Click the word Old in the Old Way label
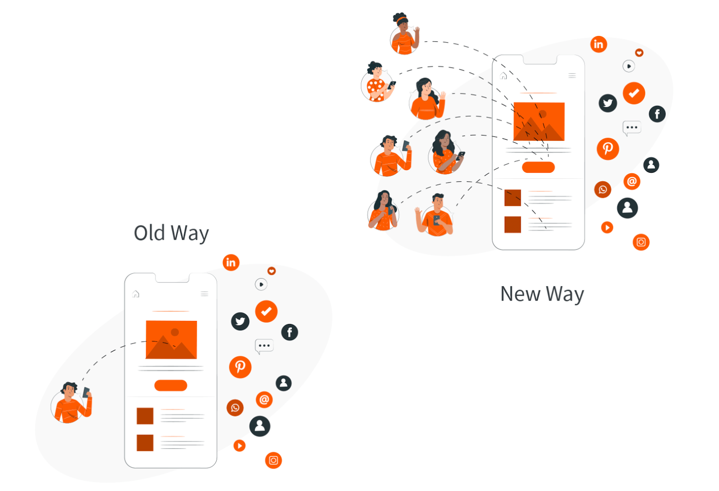(150, 233)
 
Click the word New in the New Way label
(520, 294)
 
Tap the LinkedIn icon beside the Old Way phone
(231, 263)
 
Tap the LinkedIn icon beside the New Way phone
(599, 44)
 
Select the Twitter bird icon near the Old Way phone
(240, 321)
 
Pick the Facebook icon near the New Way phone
(657, 114)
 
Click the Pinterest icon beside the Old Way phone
(240, 367)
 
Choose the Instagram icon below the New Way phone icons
(641, 242)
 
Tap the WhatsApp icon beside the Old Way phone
(235, 408)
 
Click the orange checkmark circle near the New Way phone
(634, 93)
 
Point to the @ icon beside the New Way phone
(632, 181)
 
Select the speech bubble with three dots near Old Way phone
(264, 346)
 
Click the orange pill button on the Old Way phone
(171, 386)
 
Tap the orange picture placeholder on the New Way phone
(539, 121)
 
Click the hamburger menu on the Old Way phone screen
(204, 294)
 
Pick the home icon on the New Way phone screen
(503, 76)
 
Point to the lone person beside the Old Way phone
(71, 403)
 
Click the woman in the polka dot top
(377, 83)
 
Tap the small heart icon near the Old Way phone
(271, 271)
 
